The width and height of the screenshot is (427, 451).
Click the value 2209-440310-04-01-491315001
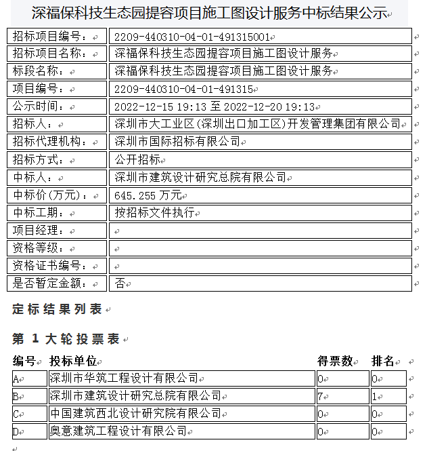click(x=192, y=37)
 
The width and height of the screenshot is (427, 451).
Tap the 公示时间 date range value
click(x=215, y=106)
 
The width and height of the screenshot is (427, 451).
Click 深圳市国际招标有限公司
click(x=177, y=142)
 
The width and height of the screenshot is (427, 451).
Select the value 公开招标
click(x=137, y=159)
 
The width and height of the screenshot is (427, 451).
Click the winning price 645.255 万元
click(x=148, y=195)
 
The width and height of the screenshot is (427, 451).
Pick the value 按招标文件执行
click(x=154, y=212)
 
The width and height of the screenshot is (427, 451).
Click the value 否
click(x=120, y=283)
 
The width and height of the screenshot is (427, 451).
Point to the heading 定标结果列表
click(x=57, y=309)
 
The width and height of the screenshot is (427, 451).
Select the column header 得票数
click(x=335, y=361)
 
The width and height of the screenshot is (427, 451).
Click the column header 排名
click(x=383, y=361)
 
